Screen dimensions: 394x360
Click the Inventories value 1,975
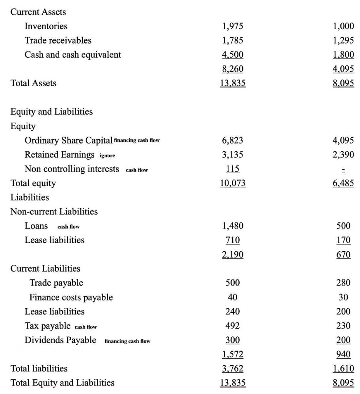(233, 26)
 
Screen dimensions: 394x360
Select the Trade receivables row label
(58, 40)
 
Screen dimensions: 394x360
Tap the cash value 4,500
(233, 55)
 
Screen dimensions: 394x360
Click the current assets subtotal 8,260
(233, 69)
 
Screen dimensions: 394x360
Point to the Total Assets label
(33, 83)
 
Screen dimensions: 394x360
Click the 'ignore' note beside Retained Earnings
(107, 155)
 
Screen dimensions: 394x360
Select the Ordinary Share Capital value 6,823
(233, 140)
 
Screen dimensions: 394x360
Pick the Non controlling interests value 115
(233, 169)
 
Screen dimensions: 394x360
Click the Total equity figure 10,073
(233, 183)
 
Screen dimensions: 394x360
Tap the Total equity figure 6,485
(343, 183)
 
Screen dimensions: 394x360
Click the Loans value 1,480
(233, 226)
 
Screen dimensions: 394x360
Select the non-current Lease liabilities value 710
(233, 240)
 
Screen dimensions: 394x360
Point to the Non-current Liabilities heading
(54, 212)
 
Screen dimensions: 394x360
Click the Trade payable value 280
(343, 283)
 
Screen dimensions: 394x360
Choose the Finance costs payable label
(71, 297)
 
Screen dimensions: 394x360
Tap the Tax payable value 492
(233, 326)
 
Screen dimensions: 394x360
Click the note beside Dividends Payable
(127, 341)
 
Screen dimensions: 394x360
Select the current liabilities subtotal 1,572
(233, 354)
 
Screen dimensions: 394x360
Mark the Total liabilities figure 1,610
(343, 369)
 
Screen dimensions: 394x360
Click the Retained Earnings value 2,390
(343, 155)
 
